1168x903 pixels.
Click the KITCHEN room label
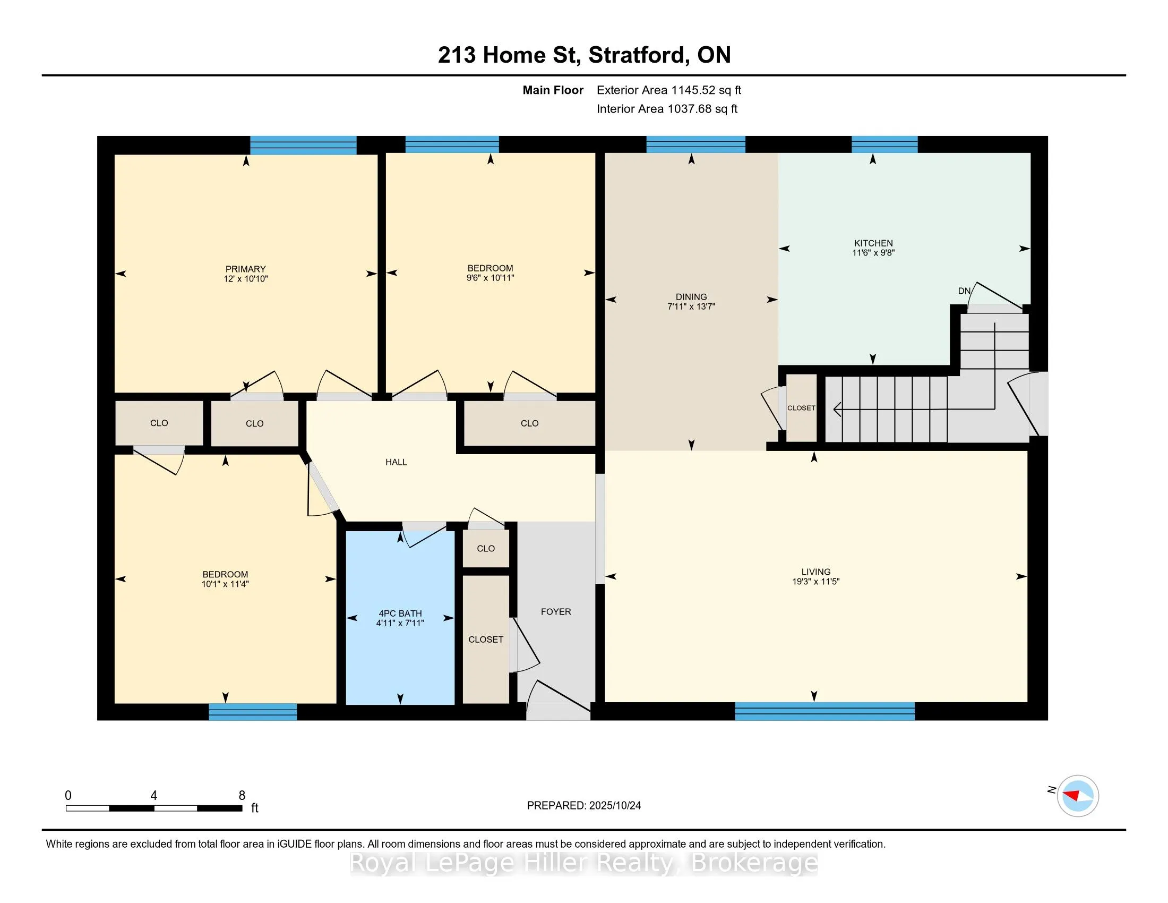tap(873, 243)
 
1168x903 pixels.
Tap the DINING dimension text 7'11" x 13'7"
tap(691, 306)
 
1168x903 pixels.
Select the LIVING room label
tap(815, 572)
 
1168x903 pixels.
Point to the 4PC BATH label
tap(400, 614)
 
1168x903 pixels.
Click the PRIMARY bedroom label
tap(245, 269)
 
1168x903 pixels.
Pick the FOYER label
tap(556, 611)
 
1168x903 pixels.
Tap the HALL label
tap(396, 462)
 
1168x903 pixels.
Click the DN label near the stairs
tap(964, 291)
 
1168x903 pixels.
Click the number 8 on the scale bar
tap(242, 796)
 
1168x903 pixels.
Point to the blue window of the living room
tap(824, 711)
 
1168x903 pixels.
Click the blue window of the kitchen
tap(884, 144)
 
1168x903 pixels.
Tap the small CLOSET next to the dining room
tap(801, 408)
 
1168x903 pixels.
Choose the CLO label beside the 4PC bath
tap(486, 548)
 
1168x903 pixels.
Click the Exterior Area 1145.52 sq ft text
tap(668, 90)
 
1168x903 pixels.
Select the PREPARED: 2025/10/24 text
tap(583, 806)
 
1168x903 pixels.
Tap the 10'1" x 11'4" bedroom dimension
tap(225, 584)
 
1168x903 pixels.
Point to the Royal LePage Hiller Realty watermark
tap(583, 863)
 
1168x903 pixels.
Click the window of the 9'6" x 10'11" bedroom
tap(452, 144)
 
